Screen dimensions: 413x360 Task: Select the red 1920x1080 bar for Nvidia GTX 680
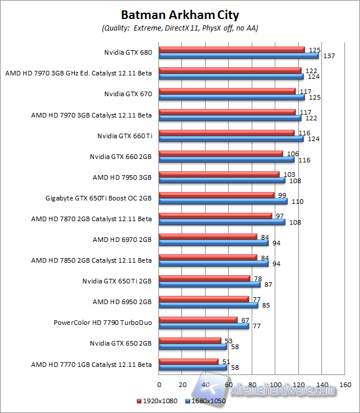pos(232,50)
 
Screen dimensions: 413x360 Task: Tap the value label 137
pos(329,56)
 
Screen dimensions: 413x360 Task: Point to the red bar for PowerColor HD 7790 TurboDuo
pos(198,320)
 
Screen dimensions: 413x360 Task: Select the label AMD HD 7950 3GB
pos(122,177)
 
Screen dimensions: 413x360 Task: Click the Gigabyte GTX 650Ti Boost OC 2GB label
pos(98,198)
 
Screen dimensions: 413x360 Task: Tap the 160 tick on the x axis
pos(345,384)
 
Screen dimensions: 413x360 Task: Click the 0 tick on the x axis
pos(159,384)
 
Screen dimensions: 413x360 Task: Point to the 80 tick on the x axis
pos(252,384)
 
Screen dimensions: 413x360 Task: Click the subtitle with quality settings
pos(180,28)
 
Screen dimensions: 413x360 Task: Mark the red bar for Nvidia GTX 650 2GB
pos(190,340)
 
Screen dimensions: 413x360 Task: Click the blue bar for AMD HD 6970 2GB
pos(214,243)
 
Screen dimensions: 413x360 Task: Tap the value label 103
pos(289,174)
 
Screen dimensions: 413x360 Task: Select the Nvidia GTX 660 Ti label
pos(124,135)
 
